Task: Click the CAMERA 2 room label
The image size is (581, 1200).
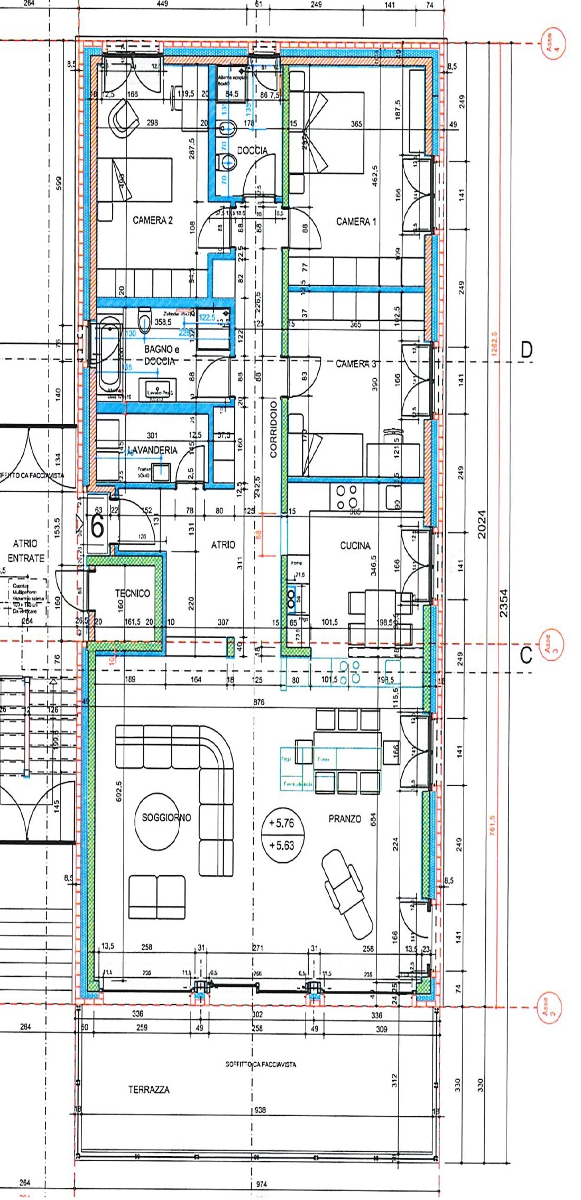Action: [x=152, y=220]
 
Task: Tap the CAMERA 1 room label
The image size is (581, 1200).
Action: [x=356, y=222]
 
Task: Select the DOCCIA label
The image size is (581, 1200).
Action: [x=252, y=151]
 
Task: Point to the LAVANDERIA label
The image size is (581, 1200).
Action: [x=152, y=450]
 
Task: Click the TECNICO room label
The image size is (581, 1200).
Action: [x=132, y=593]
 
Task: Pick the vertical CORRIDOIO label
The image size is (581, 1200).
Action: [x=273, y=429]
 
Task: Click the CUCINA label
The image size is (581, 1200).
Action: [x=355, y=546]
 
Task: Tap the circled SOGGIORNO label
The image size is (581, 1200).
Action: [x=166, y=818]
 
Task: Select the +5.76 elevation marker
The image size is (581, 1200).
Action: [x=281, y=823]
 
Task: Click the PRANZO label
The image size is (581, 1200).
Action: [x=345, y=819]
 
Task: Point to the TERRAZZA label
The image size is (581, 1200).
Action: [x=149, y=1090]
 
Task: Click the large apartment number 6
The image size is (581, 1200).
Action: [x=97, y=527]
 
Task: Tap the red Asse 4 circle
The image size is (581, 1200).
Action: [x=552, y=42]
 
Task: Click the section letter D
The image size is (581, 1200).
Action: [x=526, y=350]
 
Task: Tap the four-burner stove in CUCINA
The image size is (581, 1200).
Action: [x=346, y=497]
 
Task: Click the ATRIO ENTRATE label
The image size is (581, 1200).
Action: [x=25, y=550]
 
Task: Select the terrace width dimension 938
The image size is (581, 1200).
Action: [x=260, y=1110]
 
